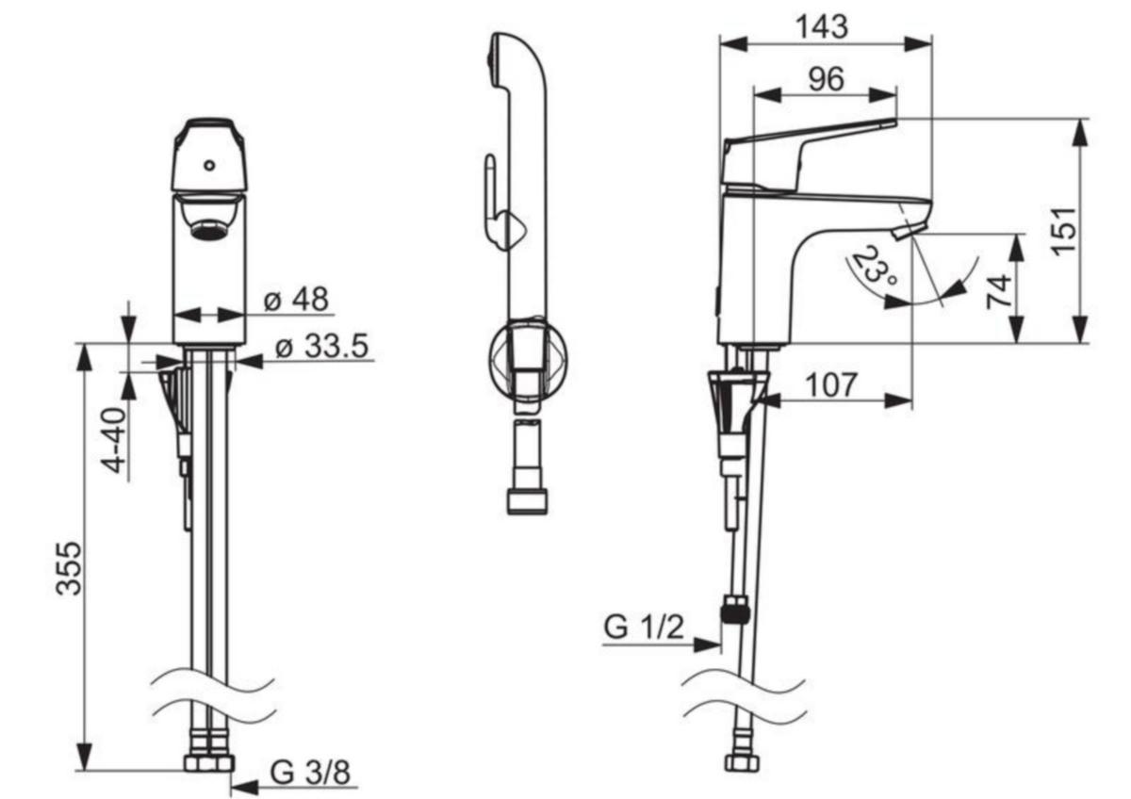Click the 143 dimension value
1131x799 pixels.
tap(822, 26)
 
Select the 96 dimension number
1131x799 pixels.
tap(826, 79)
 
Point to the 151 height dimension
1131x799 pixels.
tap(1063, 231)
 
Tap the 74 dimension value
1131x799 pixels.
tap(1000, 292)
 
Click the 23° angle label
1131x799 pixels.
tap(875, 266)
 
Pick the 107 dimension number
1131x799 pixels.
tap(831, 385)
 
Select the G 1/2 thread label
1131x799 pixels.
tap(645, 628)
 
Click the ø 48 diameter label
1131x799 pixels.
tap(296, 299)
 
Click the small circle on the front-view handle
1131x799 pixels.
tap(209, 165)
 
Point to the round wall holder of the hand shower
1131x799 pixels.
tap(528, 359)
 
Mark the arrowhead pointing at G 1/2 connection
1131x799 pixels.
tap(707, 644)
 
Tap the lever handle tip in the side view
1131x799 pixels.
tap(893, 122)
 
